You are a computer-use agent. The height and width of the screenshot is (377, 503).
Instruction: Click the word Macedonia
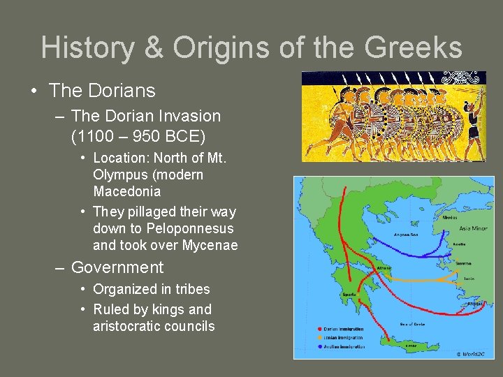tap(126, 191)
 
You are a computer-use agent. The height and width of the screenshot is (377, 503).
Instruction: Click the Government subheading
tap(117, 267)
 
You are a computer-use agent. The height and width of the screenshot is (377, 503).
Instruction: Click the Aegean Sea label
tap(406, 235)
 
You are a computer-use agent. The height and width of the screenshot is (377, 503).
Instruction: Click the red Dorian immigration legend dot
tap(320, 329)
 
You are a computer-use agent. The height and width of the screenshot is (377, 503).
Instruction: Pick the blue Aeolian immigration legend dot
tap(320, 347)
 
